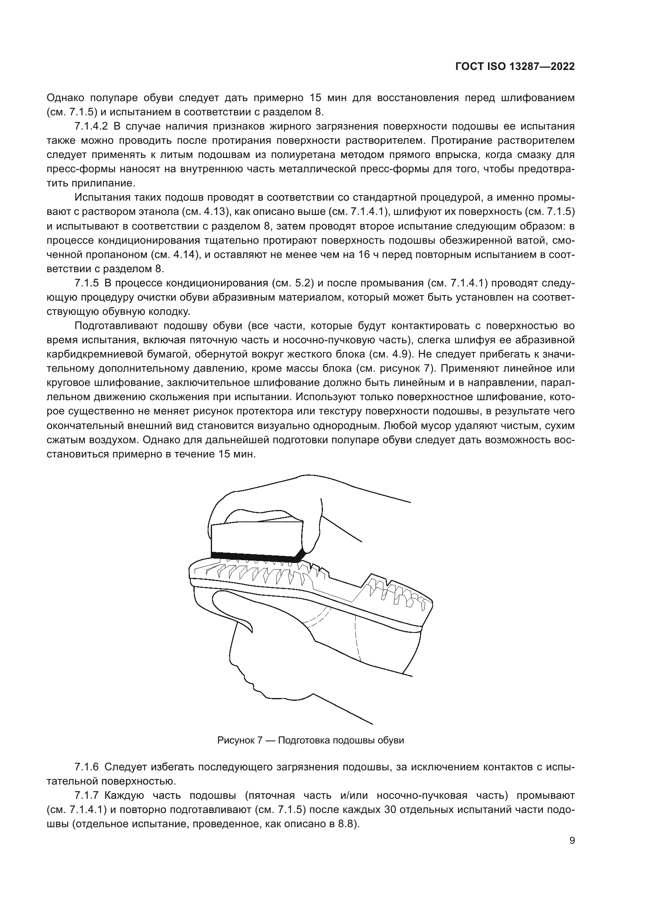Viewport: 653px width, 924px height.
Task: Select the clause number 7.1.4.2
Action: click(x=91, y=126)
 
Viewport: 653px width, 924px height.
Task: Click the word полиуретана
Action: click(x=295, y=155)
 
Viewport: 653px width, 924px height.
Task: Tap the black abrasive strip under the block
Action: click(x=257, y=557)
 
